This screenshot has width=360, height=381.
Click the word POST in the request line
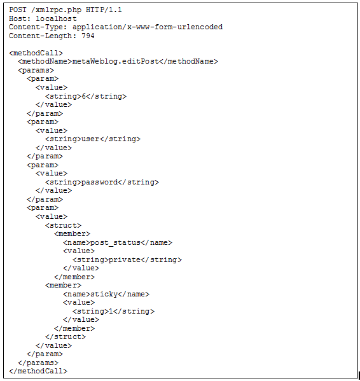tap(18, 10)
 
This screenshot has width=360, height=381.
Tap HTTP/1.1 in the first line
tap(104, 10)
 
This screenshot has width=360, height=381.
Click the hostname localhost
tap(56, 18)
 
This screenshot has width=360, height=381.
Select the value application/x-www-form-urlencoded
tap(147, 27)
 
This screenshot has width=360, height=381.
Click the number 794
tap(88, 36)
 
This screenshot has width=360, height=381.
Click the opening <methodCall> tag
tap(36, 53)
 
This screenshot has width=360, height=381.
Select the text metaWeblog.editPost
tap(115, 62)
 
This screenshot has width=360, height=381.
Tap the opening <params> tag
tap(36, 71)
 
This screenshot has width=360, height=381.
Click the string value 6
tap(83, 96)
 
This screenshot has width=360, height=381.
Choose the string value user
tap(90, 139)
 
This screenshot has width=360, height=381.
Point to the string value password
tap(99, 183)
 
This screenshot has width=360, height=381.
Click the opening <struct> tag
tap(63, 226)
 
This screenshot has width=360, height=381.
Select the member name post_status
tap(115, 243)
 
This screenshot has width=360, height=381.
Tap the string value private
tap(125, 260)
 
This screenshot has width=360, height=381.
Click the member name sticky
tap(104, 294)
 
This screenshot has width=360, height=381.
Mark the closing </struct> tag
tap(66, 336)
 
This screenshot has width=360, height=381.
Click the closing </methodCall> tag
tap(38, 371)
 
